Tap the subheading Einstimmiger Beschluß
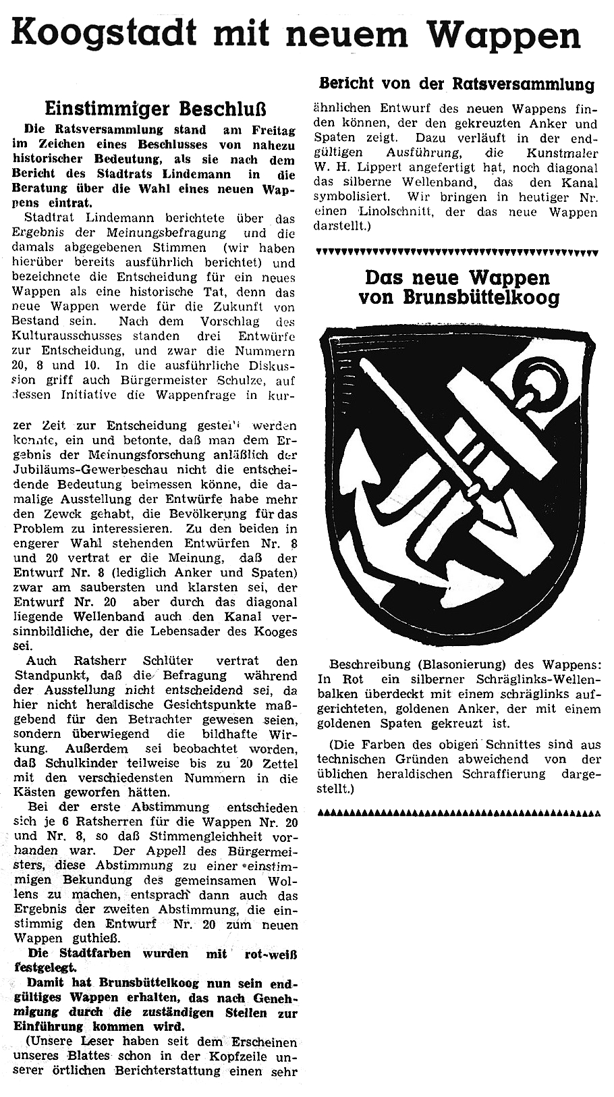click(x=156, y=109)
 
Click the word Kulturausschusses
click(x=76, y=336)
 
